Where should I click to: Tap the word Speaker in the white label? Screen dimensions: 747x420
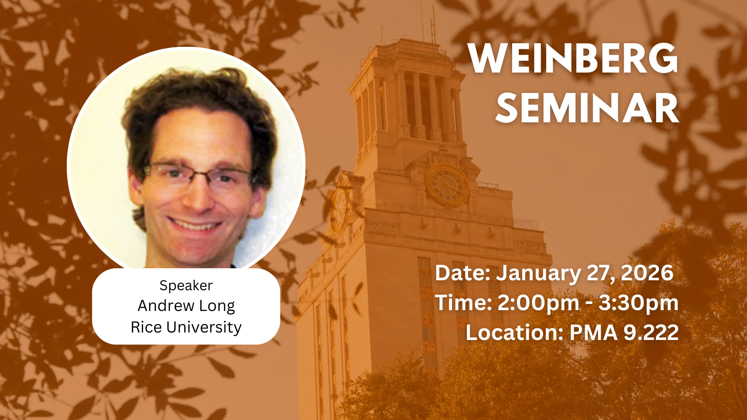(x=186, y=286)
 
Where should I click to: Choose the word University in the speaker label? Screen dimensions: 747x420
(x=204, y=328)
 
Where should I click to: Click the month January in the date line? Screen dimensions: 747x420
(x=539, y=273)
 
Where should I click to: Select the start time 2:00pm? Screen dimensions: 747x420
(x=538, y=303)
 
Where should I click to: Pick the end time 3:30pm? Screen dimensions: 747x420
(x=639, y=303)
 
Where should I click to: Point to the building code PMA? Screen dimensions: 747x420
(x=594, y=333)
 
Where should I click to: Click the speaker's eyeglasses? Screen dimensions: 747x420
(x=199, y=175)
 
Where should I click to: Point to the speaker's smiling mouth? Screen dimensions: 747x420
(x=194, y=224)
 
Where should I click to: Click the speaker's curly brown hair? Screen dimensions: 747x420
(x=195, y=100)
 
